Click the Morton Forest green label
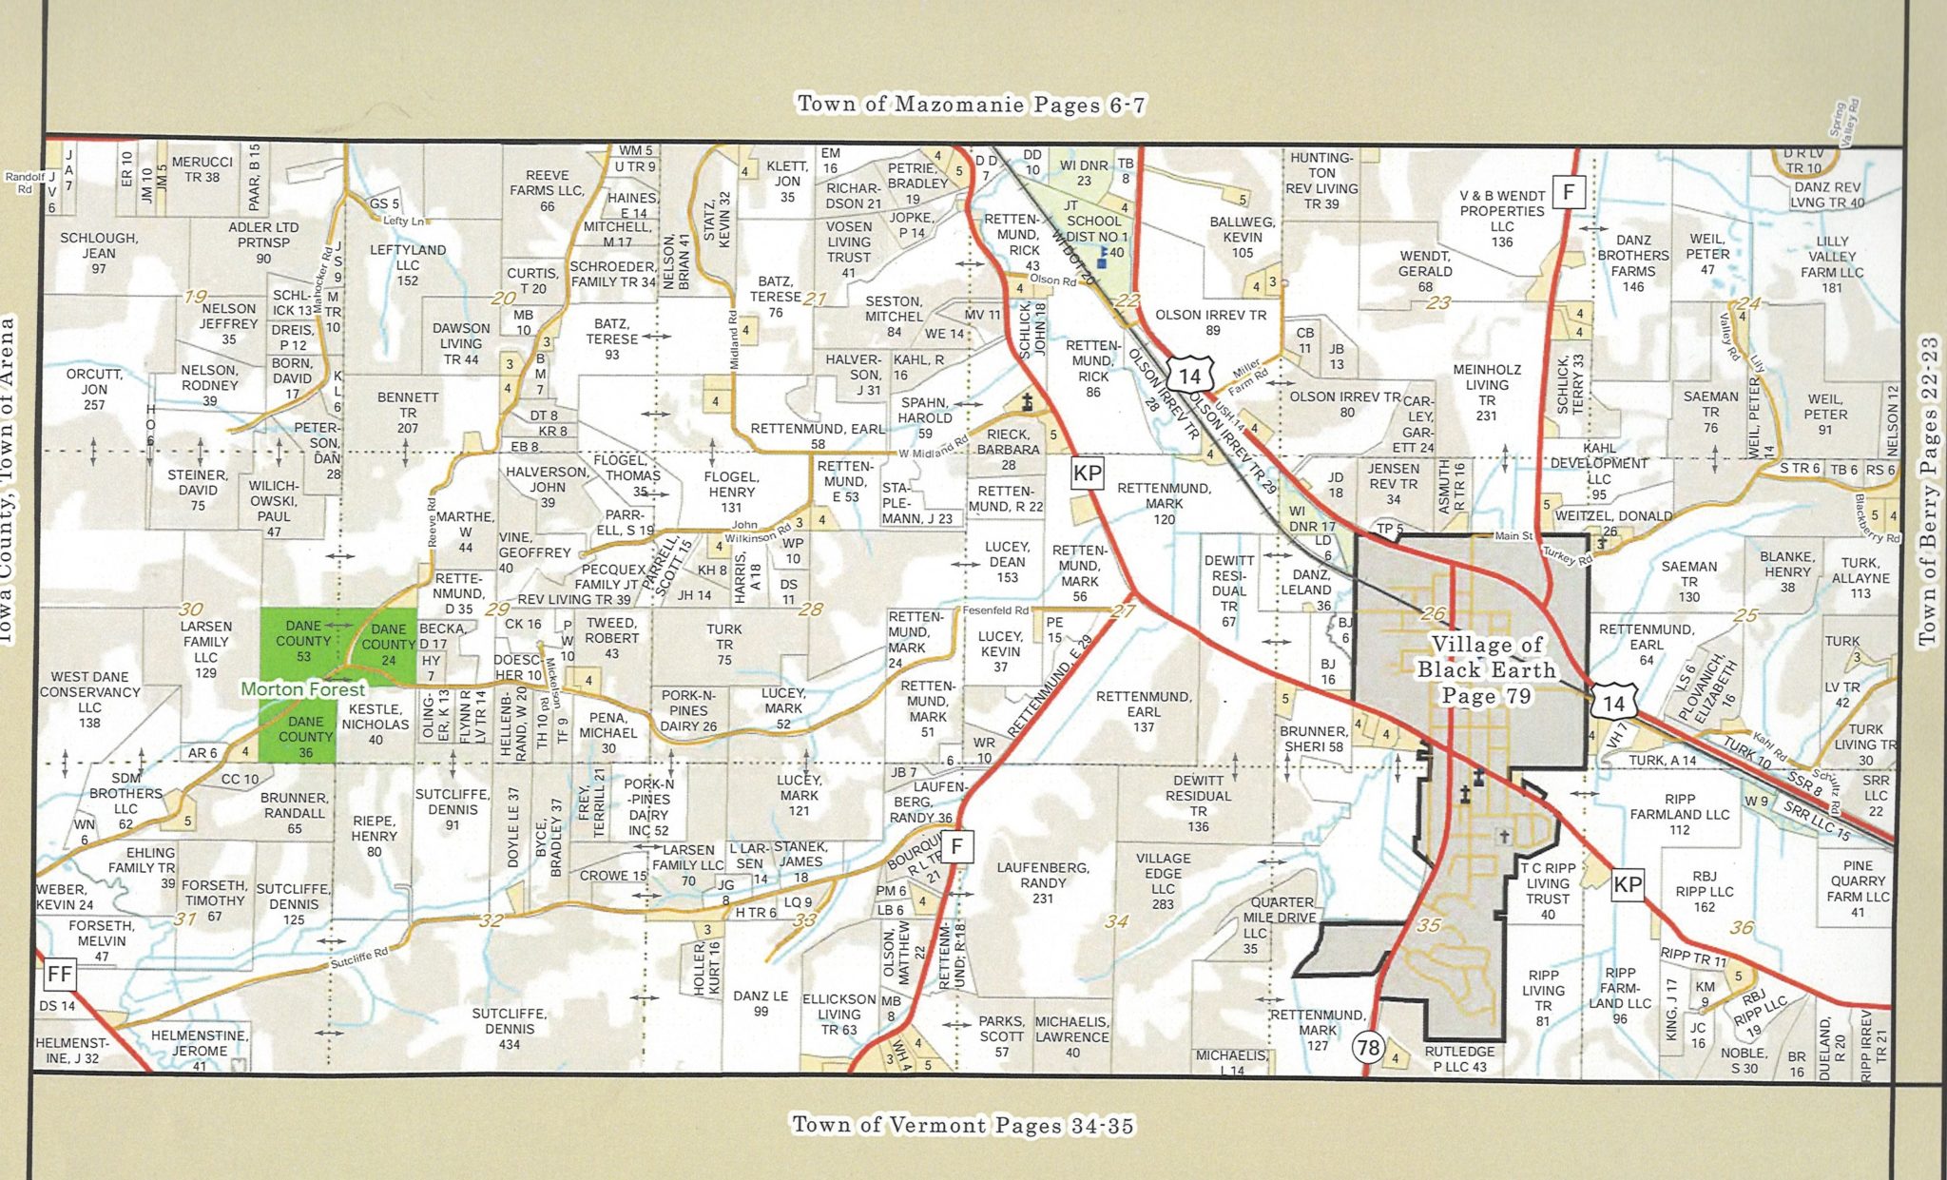tap(302, 689)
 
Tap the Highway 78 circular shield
tap(1368, 1048)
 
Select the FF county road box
tap(59, 973)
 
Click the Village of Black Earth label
tap(1486, 669)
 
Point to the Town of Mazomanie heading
tap(971, 105)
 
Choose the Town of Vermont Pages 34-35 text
tap(963, 1126)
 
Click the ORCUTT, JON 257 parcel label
tap(93, 389)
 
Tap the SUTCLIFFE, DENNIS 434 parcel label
tap(509, 1029)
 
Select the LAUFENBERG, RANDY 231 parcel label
tap(1042, 882)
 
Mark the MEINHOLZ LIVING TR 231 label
tap(1487, 393)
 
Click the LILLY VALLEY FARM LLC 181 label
tap(1832, 264)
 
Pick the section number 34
tap(1117, 921)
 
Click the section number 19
tap(196, 297)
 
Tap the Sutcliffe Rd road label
tap(359, 958)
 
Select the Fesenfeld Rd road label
tap(995, 610)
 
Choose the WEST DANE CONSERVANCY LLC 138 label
tap(89, 700)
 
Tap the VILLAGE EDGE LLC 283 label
tap(1163, 880)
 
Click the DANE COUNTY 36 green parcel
tap(304, 737)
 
